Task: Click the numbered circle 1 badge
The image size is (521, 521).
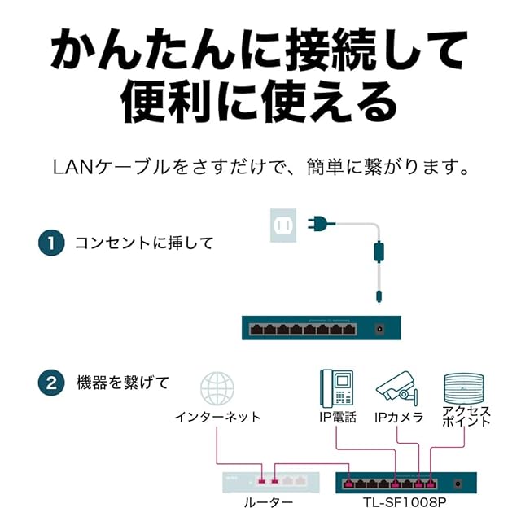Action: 51,243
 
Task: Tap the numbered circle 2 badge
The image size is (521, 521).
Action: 51,383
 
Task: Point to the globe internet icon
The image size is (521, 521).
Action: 217,388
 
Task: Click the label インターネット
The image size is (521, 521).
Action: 217,417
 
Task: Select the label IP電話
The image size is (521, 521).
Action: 337,417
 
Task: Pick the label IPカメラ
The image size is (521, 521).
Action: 399,417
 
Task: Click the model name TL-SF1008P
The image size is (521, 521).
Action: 406,502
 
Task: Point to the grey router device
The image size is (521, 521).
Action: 269,481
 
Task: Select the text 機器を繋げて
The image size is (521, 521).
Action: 122,383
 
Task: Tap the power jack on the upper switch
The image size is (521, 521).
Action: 379,330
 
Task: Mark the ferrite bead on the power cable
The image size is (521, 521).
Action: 378,252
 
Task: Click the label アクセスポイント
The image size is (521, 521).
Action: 466,417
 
